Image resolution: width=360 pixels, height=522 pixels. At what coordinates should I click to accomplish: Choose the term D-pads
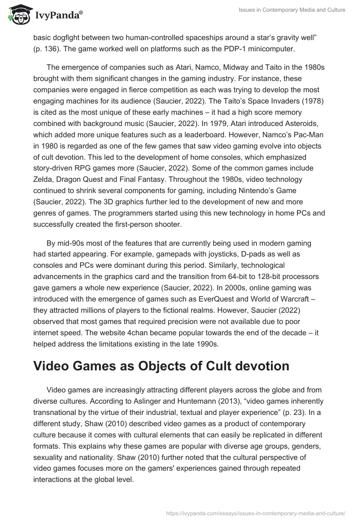coord(201,254)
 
